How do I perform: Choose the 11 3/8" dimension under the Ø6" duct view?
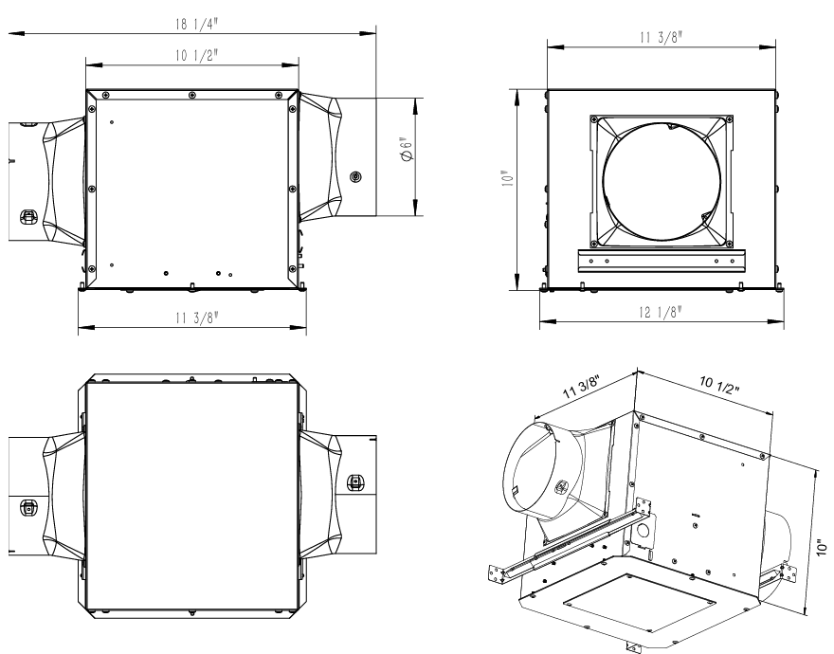[x=193, y=320]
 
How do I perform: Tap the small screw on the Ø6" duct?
[x=356, y=176]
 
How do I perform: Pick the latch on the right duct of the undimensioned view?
[x=355, y=481]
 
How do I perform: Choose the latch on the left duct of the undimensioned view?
[x=28, y=507]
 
